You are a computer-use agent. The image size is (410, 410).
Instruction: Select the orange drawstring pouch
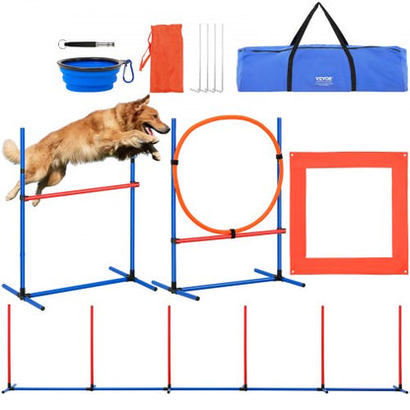click(x=161, y=59)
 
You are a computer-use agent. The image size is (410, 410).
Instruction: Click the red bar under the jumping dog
click(x=79, y=191)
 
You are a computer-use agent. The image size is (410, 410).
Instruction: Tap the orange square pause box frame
click(x=348, y=159)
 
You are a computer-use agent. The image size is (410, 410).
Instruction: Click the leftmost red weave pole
click(x=9, y=345)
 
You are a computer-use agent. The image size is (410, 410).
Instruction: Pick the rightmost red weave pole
click(x=399, y=345)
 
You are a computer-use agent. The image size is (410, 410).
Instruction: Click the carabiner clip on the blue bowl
click(x=124, y=73)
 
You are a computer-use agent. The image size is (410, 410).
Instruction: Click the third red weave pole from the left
click(x=168, y=345)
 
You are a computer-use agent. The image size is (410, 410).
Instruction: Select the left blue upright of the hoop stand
click(x=174, y=217)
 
